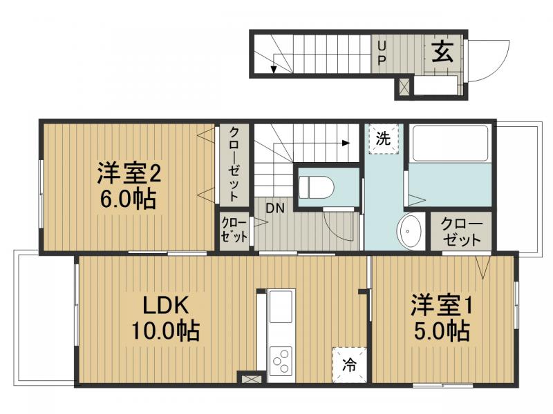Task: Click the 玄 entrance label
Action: click(442, 52)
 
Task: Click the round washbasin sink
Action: click(411, 230)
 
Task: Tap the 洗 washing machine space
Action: click(383, 137)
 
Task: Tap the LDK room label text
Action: click(166, 306)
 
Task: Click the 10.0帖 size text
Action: click(166, 331)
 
